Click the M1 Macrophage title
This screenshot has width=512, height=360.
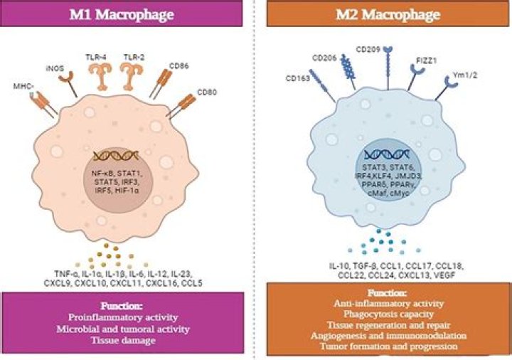(x=128, y=15)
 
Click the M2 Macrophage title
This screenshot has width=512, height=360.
(x=385, y=15)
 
